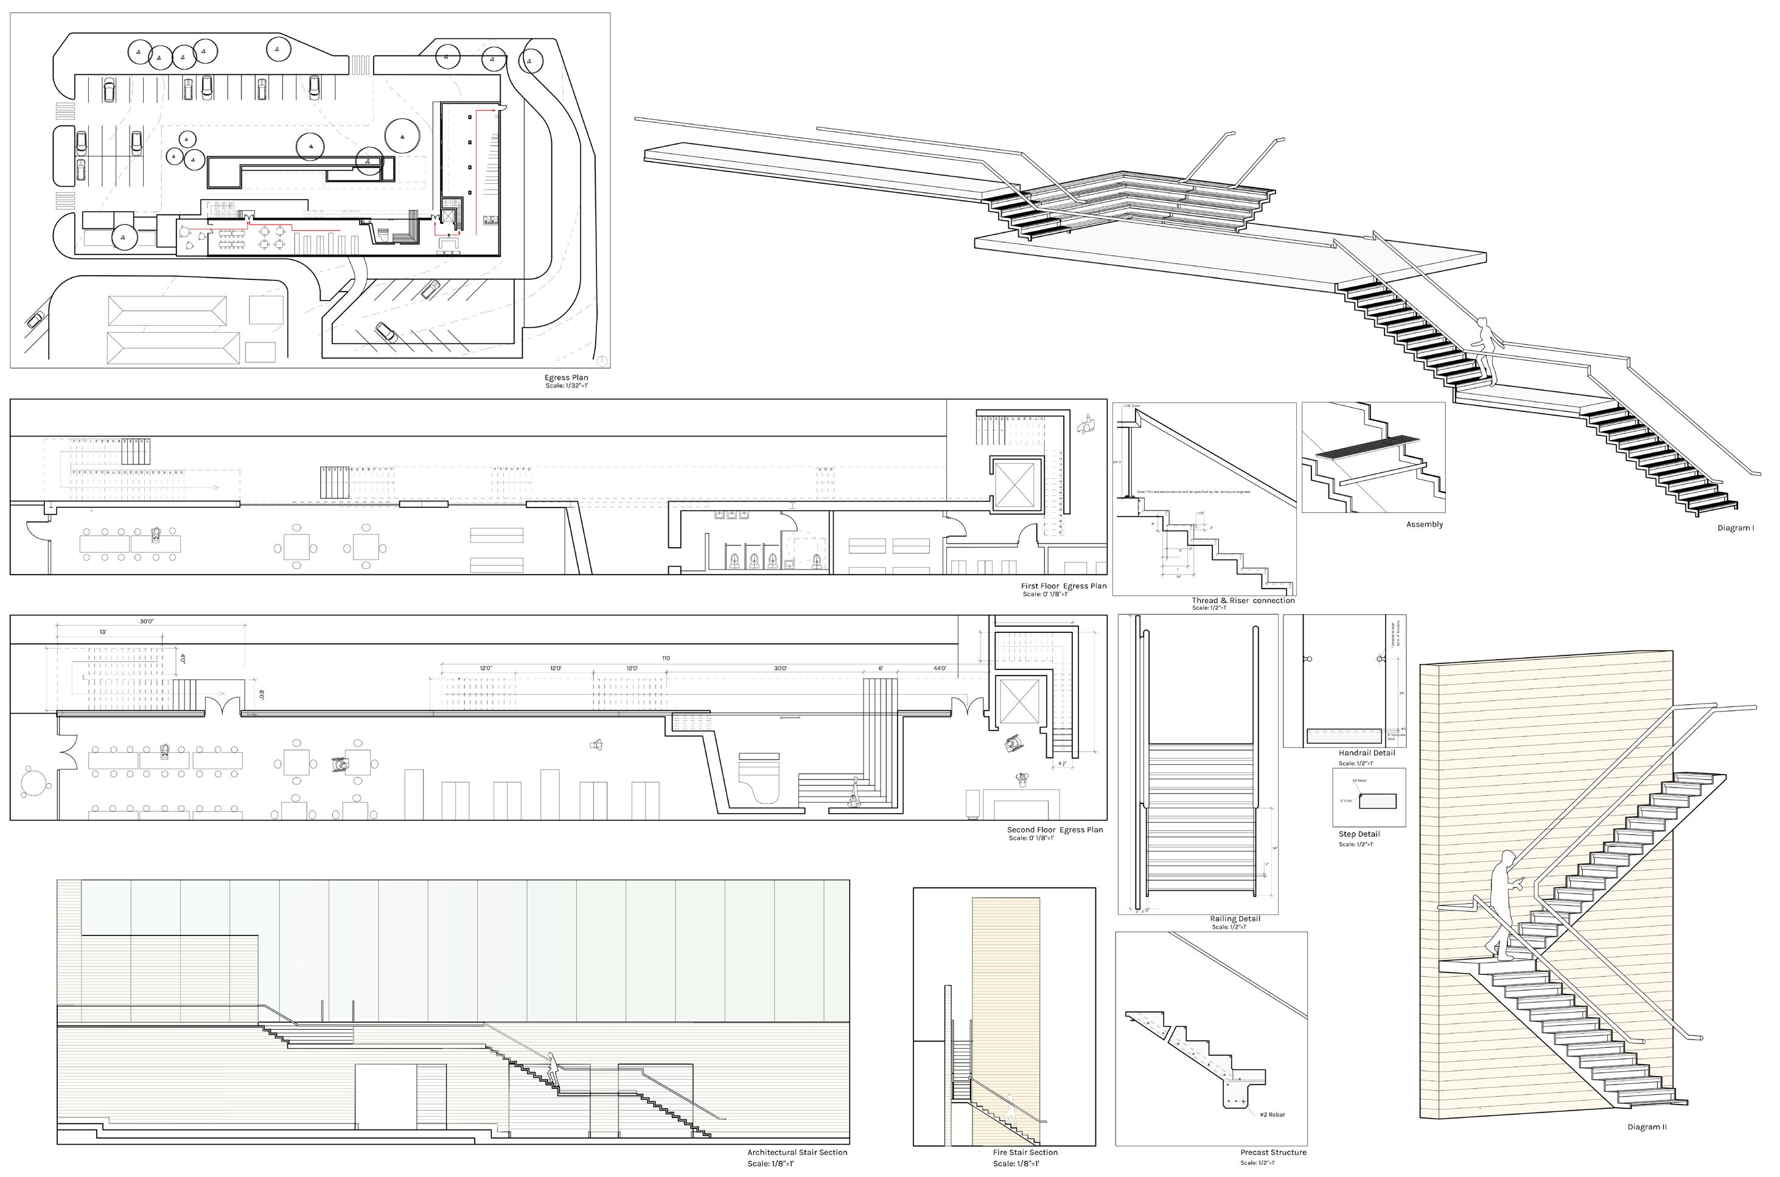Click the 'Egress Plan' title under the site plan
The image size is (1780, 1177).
coord(566,377)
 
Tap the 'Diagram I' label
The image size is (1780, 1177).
coord(1736,528)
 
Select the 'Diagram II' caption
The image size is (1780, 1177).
coord(1647,1126)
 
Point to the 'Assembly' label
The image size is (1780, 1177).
coord(1424,525)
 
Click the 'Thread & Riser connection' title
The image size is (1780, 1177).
coord(1243,601)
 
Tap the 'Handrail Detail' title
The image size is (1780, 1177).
coord(1367,753)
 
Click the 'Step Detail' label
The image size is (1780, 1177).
coord(1359,834)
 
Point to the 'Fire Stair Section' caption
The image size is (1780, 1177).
coord(1025,1152)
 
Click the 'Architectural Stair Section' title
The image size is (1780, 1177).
coord(797,1152)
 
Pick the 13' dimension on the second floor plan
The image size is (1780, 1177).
coord(102,632)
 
